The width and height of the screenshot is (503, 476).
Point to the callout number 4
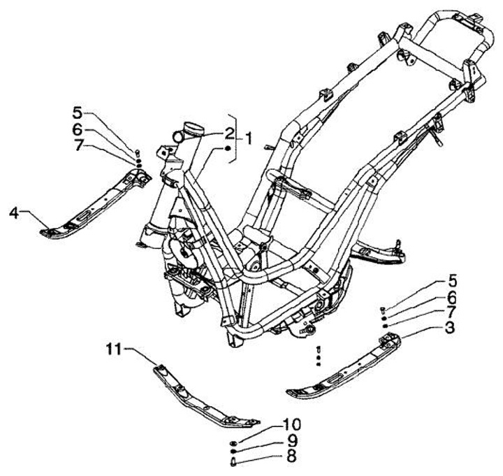click(x=15, y=212)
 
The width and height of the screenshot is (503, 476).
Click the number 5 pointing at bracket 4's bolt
click(x=78, y=111)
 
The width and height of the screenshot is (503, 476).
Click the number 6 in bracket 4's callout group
click(x=78, y=129)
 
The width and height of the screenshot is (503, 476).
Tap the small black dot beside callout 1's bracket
click(x=228, y=149)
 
